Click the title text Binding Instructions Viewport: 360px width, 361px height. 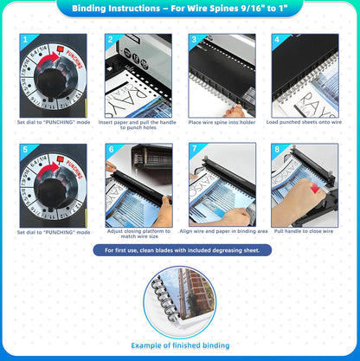tap(179, 10)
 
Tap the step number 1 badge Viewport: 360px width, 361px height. tap(24, 40)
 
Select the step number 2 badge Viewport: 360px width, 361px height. tap(110, 40)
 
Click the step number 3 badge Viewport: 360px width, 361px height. tap(193, 40)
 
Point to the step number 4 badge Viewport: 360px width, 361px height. tap(276, 40)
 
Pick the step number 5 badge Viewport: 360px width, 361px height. tap(24, 150)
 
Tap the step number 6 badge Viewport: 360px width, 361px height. tap(110, 150)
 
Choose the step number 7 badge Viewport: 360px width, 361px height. tap(193, 150)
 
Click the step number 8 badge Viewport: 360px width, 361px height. tap(276, 150)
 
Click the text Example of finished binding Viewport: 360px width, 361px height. tap(180, 345)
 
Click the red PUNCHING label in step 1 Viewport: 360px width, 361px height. tap(71, 56)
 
